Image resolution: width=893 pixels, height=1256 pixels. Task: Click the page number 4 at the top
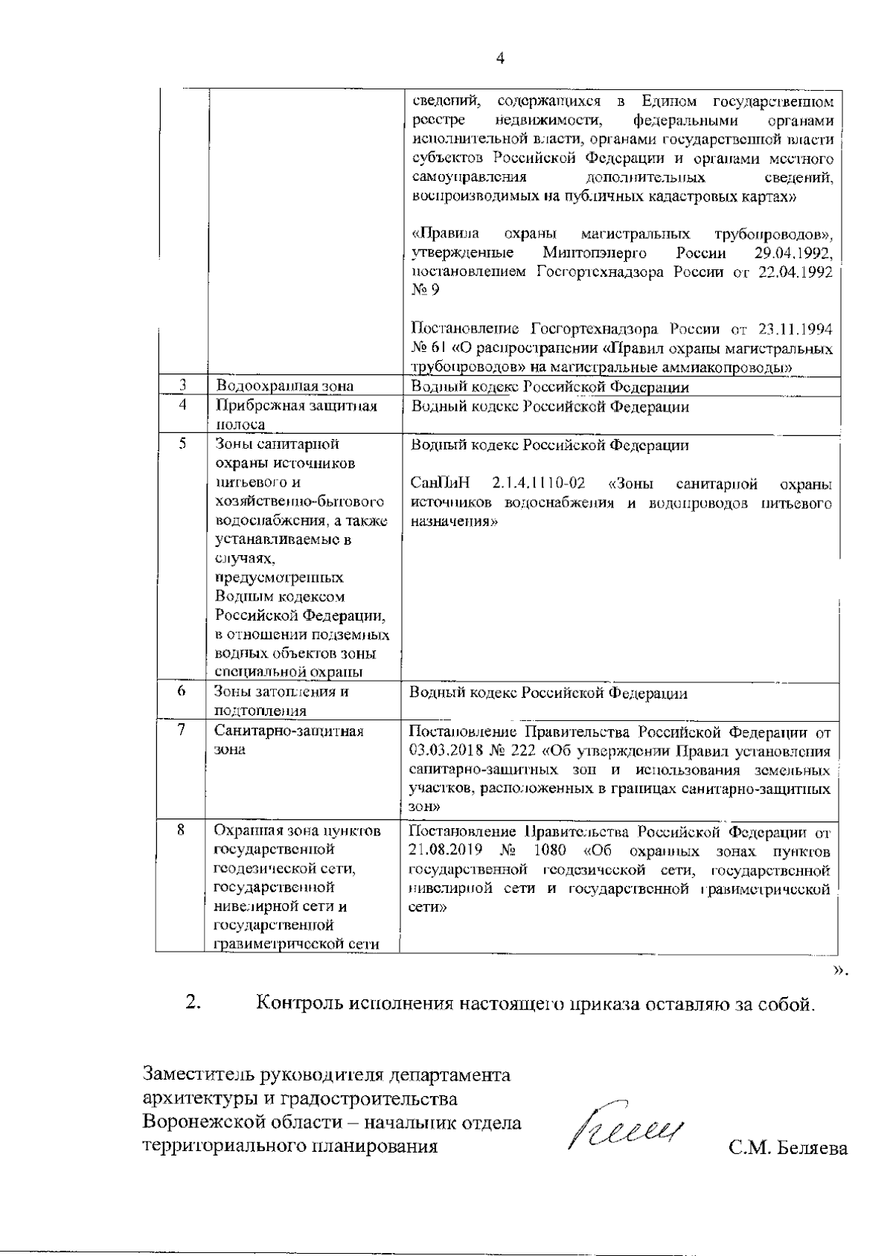[x=500, y=60]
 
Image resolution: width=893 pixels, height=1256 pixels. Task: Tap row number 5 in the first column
[x=182, y=444]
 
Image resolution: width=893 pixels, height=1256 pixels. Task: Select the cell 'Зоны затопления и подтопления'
[x=282, y=701]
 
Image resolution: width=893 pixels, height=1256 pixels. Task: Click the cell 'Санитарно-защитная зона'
[x=289, y=740]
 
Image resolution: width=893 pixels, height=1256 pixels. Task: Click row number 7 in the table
[x=182, y=731]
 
